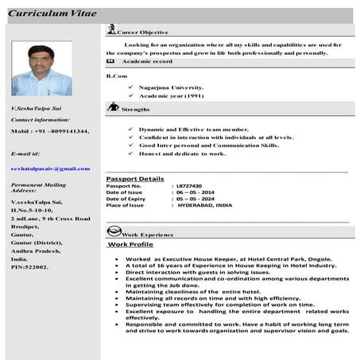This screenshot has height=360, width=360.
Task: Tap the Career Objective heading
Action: (x=142, y=32)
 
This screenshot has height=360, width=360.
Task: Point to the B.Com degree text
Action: (x=116, y=75)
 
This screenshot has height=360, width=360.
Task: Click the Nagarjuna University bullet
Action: (x=171, y=87)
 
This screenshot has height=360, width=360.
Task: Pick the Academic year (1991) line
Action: (x=171, y=95)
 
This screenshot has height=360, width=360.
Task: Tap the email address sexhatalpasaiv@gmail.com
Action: (x=50, y=168)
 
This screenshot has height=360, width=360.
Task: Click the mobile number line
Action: (x=49, y=130)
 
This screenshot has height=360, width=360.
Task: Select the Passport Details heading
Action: (x=134, y=179)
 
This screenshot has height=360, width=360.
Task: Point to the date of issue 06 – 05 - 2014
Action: (x=195, y=192)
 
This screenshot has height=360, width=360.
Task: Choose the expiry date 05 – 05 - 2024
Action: (x=195, y=199)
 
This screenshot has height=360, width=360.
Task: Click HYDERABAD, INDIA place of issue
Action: (x=205, y=205)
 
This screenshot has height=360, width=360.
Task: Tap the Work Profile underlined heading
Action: (x=130, y=245)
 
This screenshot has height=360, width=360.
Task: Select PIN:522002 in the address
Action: (x=30, y=267)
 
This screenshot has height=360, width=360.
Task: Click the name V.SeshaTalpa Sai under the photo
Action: (x=36, y=107)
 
